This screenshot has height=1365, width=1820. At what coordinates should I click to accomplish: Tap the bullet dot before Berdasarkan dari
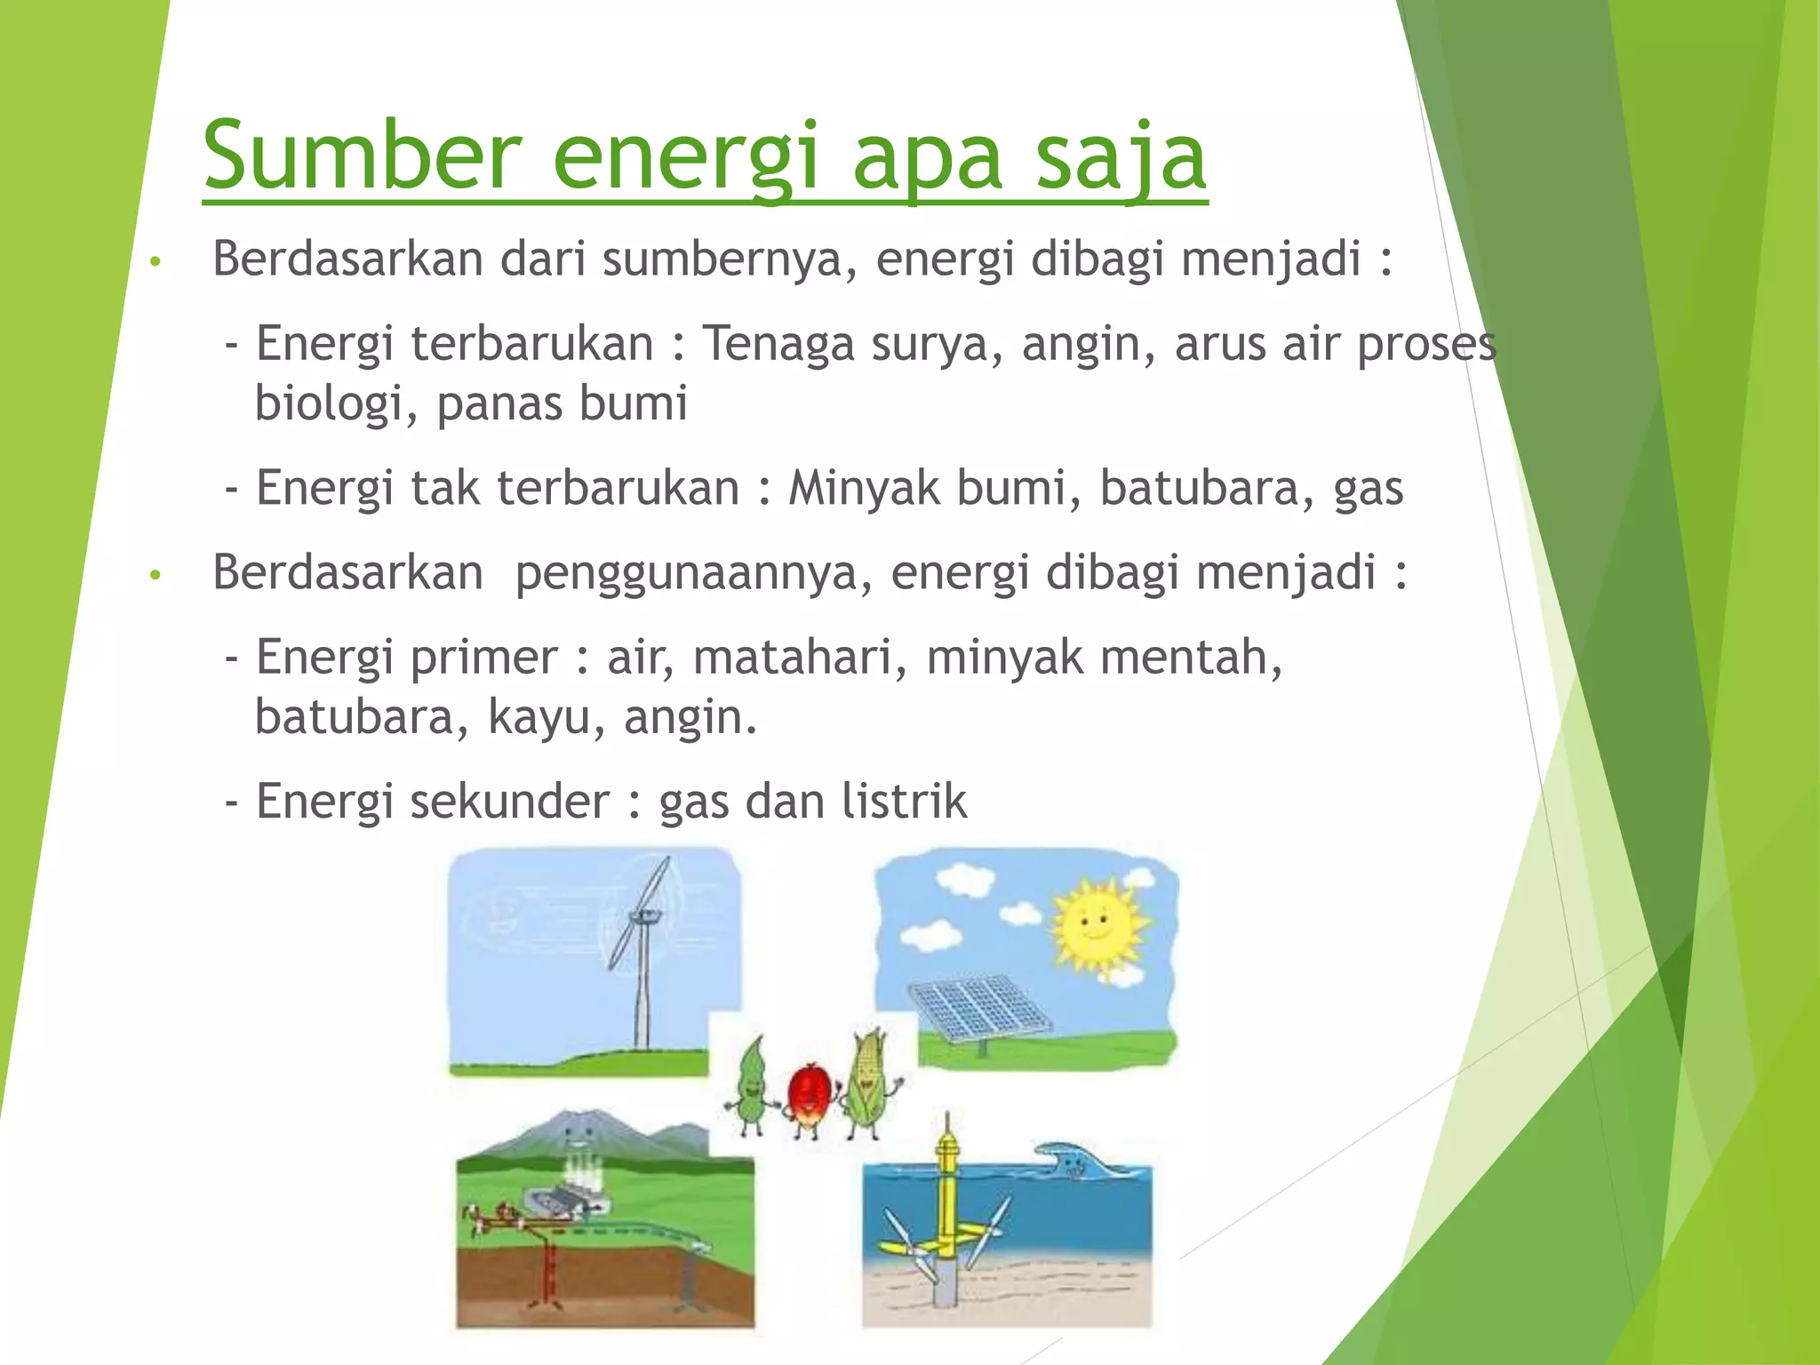pyautogui.click(x=156, y=262)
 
